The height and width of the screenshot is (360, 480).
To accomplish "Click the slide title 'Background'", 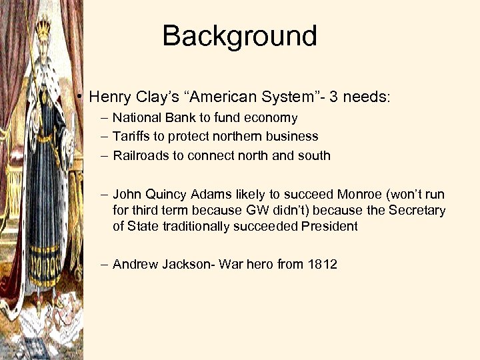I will [239, 36].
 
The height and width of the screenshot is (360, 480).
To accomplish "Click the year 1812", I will [323, 265].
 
